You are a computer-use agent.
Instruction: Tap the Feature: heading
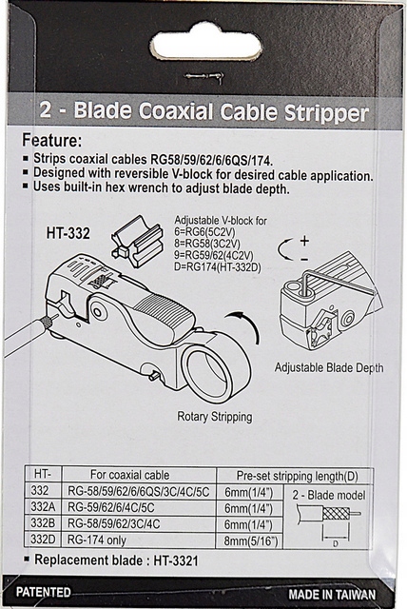click(x=51, y=140)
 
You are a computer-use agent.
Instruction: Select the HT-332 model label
click(x=68, y=233)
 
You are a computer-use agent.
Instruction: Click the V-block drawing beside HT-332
click(x=137, y=241)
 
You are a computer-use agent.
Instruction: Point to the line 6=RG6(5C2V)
click(x=204, y=232)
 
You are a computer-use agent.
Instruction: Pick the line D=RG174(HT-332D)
click(x=217, y=267)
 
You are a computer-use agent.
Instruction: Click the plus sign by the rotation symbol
click(x=304, y=241)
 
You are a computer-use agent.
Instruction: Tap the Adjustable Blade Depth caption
click(x=329, y=367)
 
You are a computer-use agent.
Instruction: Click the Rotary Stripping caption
click(x=215, y=417)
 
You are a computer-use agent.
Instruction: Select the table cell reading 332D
click(x=43, y=540)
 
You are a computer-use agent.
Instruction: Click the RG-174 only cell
click(x=97, y=540)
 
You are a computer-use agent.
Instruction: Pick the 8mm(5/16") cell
click(x=251, y=541)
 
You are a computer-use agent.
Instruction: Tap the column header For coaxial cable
click(x=130, y=475)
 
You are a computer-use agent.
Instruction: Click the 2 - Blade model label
click(x=329, y=495)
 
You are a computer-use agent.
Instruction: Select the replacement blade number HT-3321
click(x=176, y=560)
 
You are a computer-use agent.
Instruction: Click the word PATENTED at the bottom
click(x=44, y=592)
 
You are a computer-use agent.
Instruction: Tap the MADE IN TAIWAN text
click(x=332, y=594)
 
